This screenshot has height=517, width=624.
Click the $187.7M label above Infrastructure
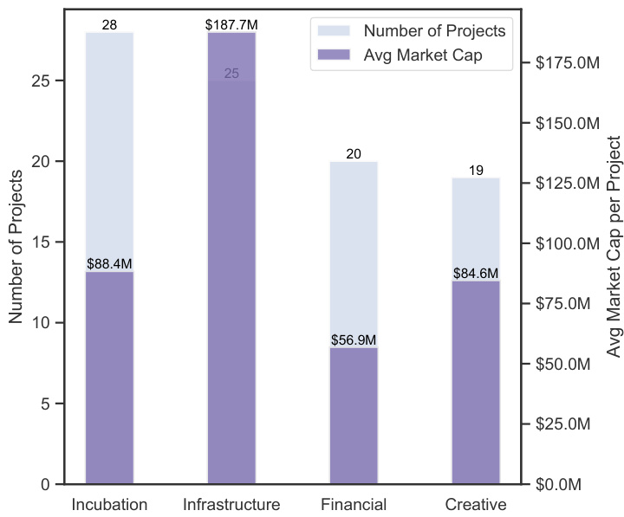click(x=231, y=25)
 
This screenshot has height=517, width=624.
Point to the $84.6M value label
click(x=476, y=249)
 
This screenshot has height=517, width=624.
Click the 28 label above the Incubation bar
click(x=109, y=25)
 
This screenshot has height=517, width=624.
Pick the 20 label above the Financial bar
click(x=354, y=154)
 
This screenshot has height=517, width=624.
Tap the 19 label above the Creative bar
click(x=476, y=171)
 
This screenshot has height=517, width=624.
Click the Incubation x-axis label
click(x=109, y=504)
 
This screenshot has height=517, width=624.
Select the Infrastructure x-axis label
click(x=231, y=504)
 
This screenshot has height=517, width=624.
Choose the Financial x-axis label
click(x=354, y=504)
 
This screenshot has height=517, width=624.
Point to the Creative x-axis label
click(x=476, y=504)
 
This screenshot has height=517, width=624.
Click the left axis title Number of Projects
click(x=16, y=247)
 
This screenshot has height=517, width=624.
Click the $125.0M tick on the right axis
click(x=568, y=184)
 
